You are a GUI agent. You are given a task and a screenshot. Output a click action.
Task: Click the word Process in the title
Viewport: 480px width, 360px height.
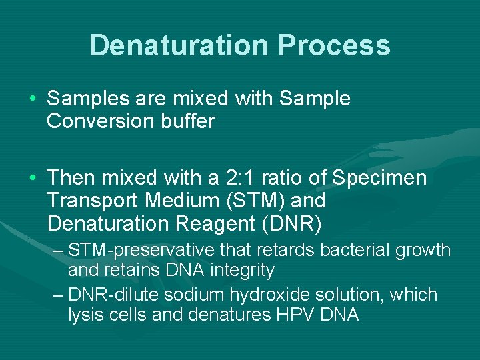pyautogui.click(x=334, y=46)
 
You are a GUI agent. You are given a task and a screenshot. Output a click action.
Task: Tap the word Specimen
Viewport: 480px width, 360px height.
pyautogui.click(x=379, y=178)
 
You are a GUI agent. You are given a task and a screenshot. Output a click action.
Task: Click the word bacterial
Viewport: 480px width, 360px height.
pyautogui.click(x=352, y=250)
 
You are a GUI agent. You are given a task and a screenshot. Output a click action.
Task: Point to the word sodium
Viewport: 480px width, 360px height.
pyautogui.click(x=199, y=295)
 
